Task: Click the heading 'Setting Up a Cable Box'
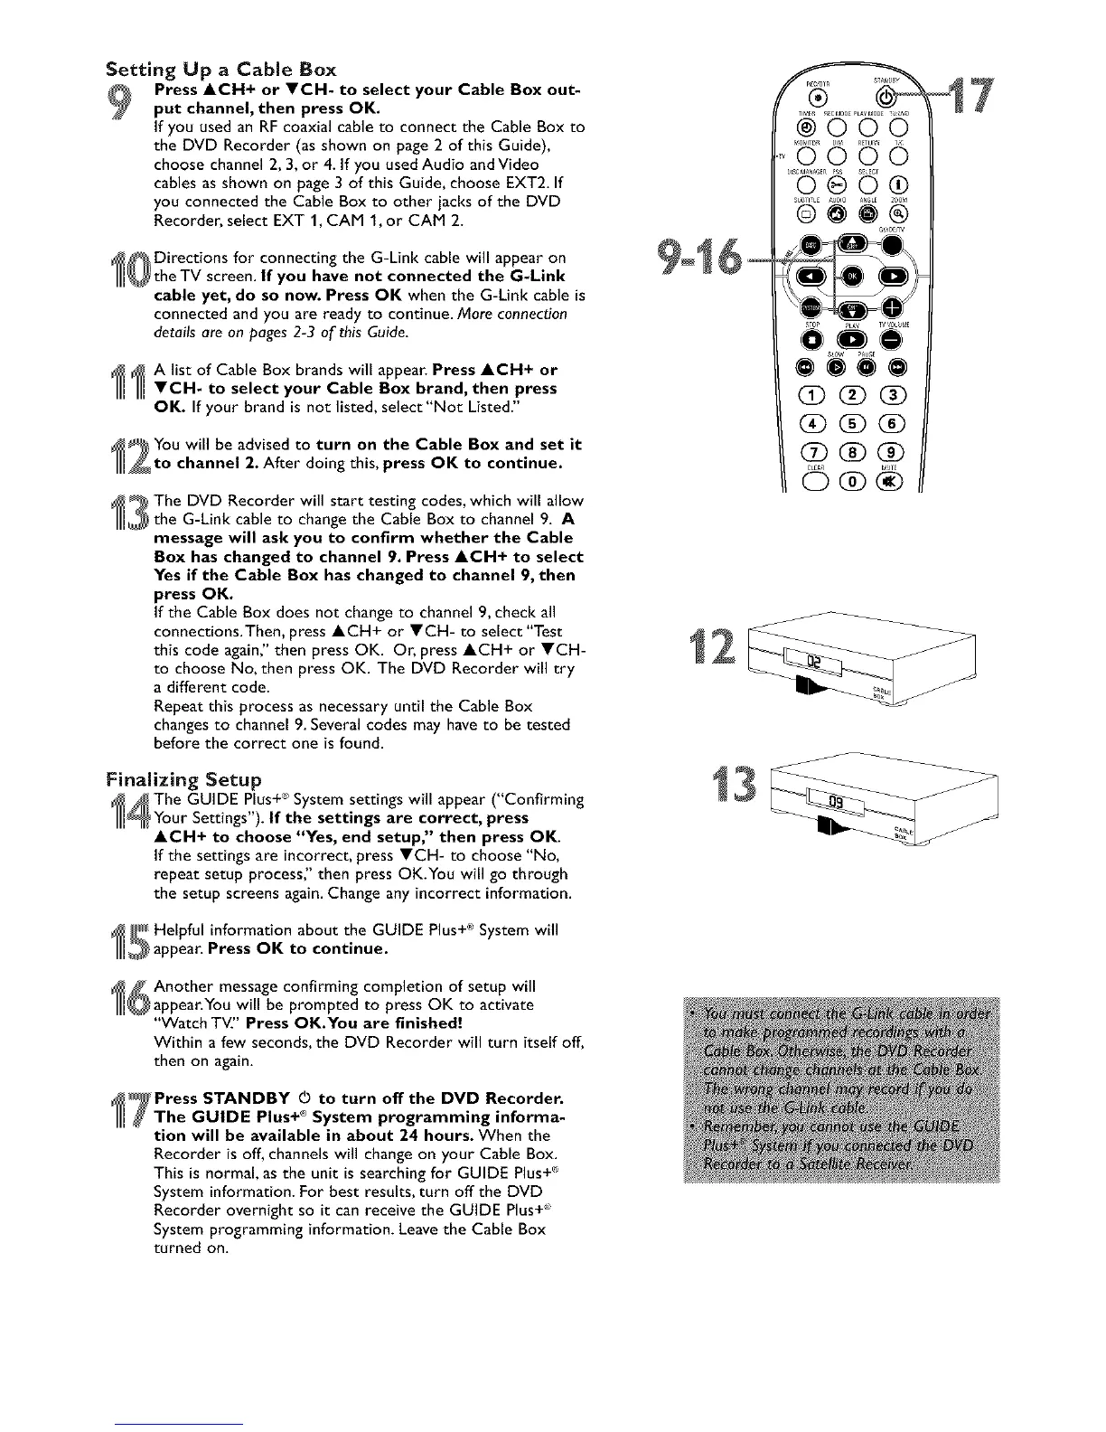click(x=221, y=69)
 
